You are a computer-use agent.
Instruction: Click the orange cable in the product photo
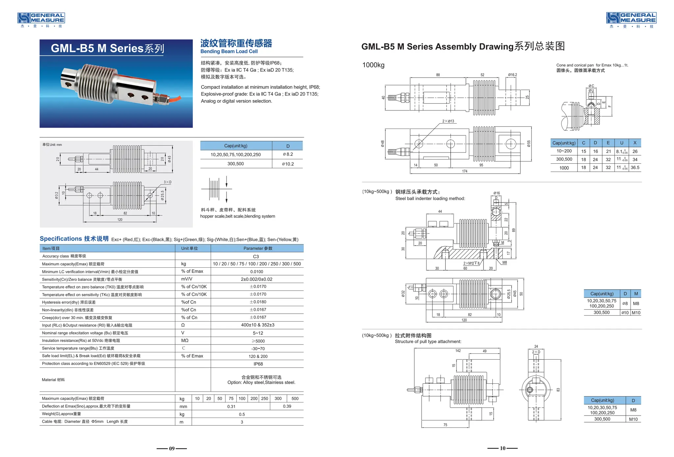click(x=174, y=98)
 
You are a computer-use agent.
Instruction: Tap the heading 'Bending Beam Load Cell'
click(x=229, y=52)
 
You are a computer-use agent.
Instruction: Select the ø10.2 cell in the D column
click(x=288, y=164)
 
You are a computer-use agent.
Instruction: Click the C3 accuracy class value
click(x=256, y=256)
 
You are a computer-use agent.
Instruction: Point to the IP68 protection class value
click(x=258, y=364)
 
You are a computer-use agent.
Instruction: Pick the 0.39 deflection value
click(x=287, y=406)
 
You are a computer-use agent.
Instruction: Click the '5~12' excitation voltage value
click(x=258, y=333)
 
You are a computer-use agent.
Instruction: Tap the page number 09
click(x=172, y=448)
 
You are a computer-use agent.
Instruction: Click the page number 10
click(x=503, y=448)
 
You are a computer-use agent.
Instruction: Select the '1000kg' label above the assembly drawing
click(x=373, y=65)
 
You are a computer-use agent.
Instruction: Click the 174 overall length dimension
click(x=464, y=171)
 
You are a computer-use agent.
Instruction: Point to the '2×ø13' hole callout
click(x=448, y=121)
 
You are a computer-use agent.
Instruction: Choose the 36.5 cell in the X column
click(x=635, y=168)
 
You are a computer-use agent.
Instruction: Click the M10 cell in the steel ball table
click(x=636, y=313)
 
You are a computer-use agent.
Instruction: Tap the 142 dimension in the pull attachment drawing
click(x=458, y=351)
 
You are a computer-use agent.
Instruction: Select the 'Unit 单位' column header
click(x=190, y=249)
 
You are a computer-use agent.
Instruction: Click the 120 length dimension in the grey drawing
click(x=120, y=220)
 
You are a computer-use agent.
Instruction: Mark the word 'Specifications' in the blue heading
click(x=61, y=239)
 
